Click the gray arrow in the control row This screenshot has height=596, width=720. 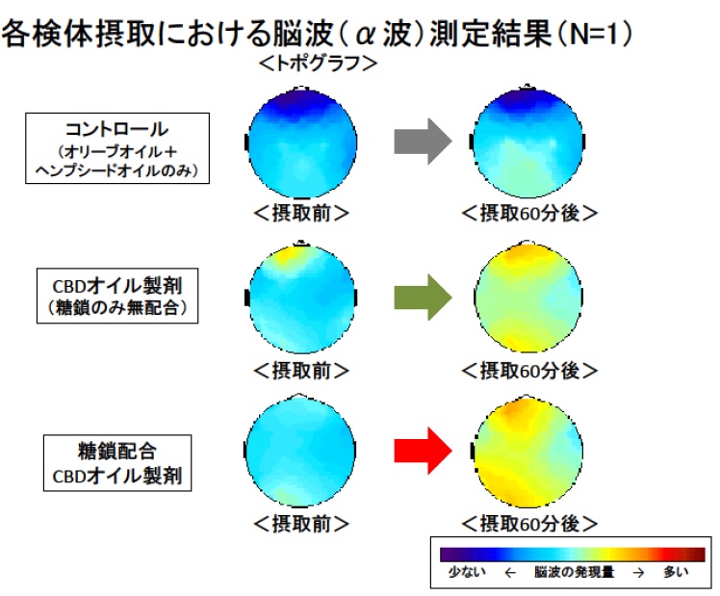pyautogui.click(x=423, y=142)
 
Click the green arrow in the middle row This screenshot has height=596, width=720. pyautogui.click(x=423, y=298)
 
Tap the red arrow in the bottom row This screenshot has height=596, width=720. pyautogui.click(x=423, y=451)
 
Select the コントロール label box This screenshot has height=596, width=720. pyautogui.click(x=117, y=148)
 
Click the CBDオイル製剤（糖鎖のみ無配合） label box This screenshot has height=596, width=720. pyautogui.click(x=117, y=296)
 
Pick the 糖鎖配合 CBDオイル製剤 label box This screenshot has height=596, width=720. pyautogui.click(x=117, y=463)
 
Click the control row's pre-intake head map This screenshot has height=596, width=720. pyautogui.click(x=301, y=143)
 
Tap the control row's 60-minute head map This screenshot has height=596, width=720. pyautogui.click(x=527, y=142)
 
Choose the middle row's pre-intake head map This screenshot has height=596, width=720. pyautogui.click(x=301, y=298)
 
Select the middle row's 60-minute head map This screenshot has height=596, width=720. pyautogui.click(x=528, y=298)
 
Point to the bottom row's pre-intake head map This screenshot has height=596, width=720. pyautogui.click(x=300, y=451)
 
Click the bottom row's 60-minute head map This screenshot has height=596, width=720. pyautogui.click(x=527, y=451)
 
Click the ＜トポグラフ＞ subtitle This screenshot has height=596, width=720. pyautogui.click(x=318, y=64)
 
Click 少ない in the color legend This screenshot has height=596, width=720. pyautogui.click(x=467, y=572)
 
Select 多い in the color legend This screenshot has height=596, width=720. pyautogui.click(x=676, y=572)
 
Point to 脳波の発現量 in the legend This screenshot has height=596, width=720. pyautogui.click(x=574, y=572)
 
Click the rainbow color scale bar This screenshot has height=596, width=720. pyautogui.click(x=572, y=555)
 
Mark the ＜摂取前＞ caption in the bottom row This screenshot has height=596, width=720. pyautogui.click(x=301, y=524)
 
